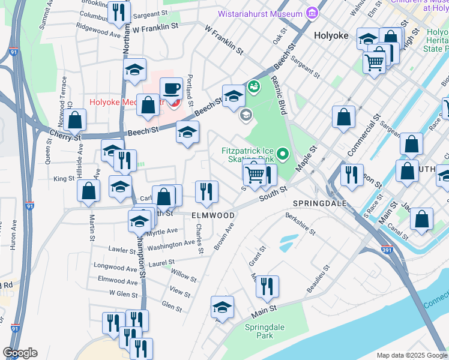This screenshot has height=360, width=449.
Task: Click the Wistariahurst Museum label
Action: (x=268, y=13)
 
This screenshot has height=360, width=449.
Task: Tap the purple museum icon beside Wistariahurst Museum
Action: (x=312, y=13)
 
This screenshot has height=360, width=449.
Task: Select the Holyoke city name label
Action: (x=331, y=35)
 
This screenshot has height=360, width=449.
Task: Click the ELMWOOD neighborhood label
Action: (x=212, y=215)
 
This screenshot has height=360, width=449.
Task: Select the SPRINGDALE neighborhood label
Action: (x=320, y=204)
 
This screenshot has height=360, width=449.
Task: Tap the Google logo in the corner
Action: (x=20, y=352)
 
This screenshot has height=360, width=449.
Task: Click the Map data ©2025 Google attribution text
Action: (x=412, y=355)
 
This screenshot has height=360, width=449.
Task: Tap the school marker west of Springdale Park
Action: (x=222, y=308)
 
